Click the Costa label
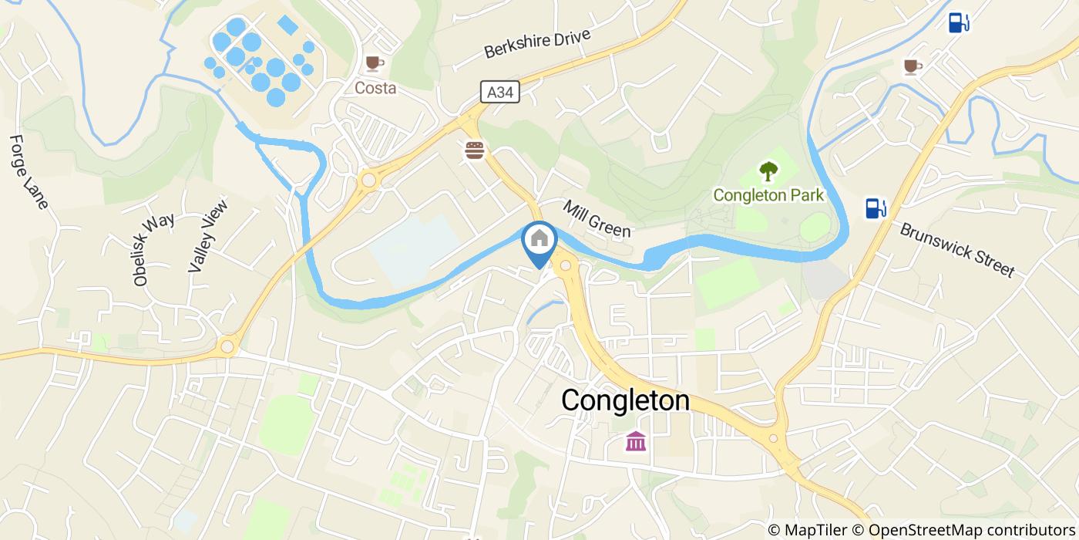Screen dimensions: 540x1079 click(x=375, y=88)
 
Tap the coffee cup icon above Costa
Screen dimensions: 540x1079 click(x=375, y=62)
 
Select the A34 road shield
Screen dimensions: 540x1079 click(x=500, y=93)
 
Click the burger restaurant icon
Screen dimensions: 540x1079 click(x=474, y=150)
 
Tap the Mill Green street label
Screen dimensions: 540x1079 click(x=597, y=219)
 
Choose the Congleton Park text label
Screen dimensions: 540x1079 click(x=768, y=195)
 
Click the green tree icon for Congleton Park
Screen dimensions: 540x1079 click(x=768, y=171)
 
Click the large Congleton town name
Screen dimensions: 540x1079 click(x=625, y=400)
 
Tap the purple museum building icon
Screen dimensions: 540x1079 click(x=636, y=442)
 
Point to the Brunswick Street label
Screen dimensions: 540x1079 click(x=956, y=250)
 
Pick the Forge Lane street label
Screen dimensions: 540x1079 click(x=29, y=172)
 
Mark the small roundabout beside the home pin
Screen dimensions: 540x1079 click(x=566, y=266)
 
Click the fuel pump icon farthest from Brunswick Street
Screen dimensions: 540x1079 click(x=958, y=23)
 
